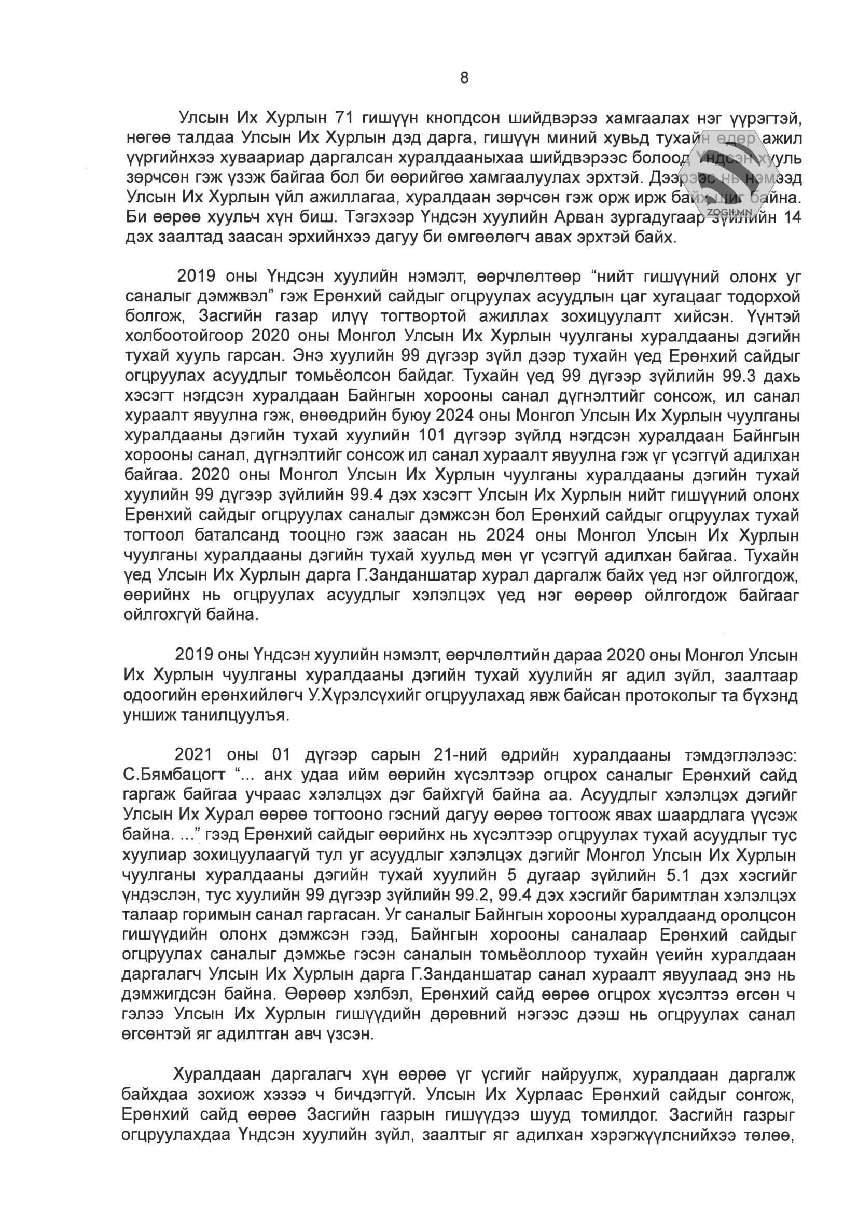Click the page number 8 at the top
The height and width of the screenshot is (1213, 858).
point(464,78)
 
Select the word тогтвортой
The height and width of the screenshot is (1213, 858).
point(428,316)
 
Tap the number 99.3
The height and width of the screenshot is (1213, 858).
point(743,376)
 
